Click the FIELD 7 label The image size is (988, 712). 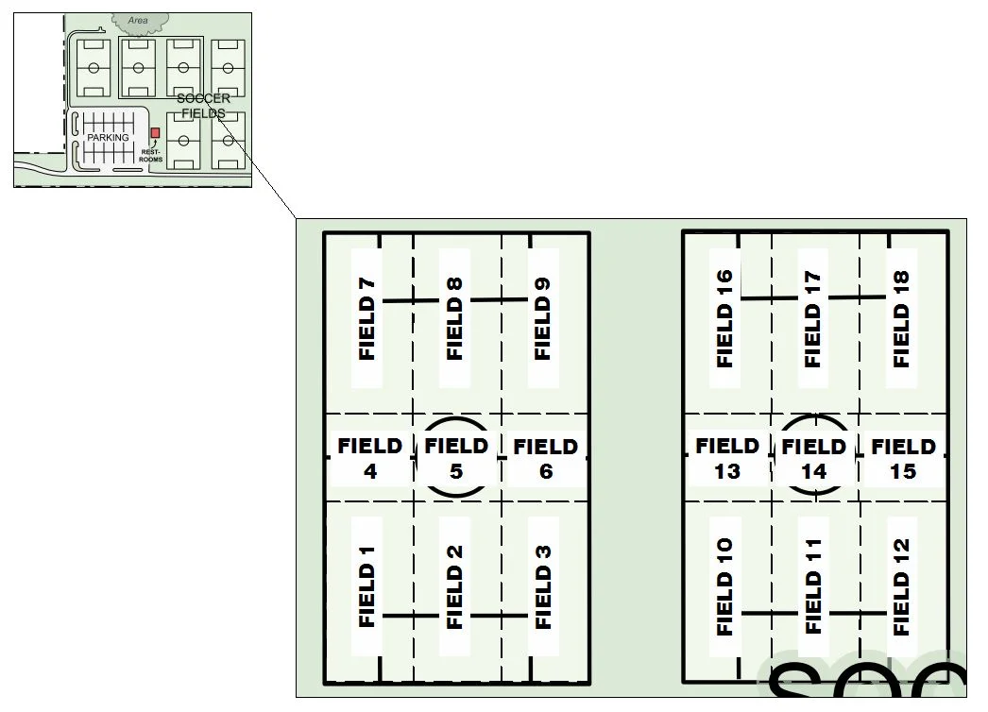(367, 318)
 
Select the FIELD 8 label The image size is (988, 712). (455, 318)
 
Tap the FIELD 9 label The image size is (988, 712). (543, 318)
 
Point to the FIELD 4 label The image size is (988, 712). (370, 457)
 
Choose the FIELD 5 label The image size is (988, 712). (456, 457)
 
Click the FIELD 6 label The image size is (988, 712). (545, 457)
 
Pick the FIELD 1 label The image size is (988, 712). (367, 586)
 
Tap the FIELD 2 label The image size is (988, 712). (455, 586)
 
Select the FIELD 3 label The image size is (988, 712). (543, 586)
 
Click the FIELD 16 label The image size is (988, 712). (724, 318)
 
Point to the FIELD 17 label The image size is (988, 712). (812, 318)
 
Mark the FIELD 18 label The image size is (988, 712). (901, 318)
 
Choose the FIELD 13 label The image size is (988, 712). (727, 457)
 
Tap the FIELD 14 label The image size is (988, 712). (813, 457)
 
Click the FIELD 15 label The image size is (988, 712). (903, 457)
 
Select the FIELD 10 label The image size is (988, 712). (724, 586)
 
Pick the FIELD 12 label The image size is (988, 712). (901, 586)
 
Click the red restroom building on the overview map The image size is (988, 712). (156, 133)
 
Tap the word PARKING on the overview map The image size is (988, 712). (108, 138)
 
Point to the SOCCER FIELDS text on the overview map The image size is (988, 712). (203, 106)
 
